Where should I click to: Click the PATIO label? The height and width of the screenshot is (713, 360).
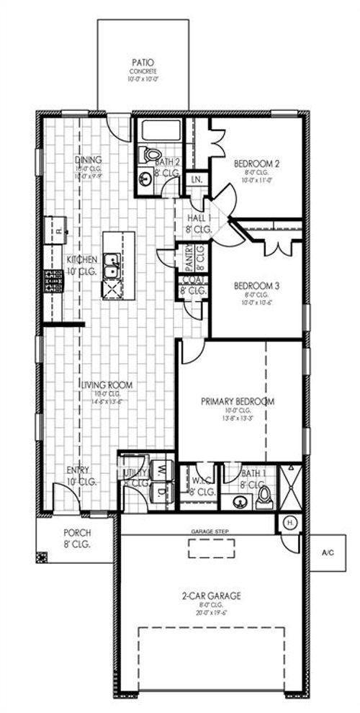pos(143,63)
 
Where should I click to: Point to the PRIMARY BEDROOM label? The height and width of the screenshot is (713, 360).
pos(238,401)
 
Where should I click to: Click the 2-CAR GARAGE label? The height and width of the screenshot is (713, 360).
pos(212,596)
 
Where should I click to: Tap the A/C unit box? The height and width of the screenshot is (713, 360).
pos(328,553)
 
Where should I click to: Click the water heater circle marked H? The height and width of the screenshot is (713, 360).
pos(291,522)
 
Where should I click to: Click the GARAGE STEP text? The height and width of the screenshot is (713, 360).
pos(210,531)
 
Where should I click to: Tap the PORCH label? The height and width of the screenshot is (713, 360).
pos(76,534)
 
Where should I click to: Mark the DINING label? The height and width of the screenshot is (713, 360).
pos(89,160)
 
